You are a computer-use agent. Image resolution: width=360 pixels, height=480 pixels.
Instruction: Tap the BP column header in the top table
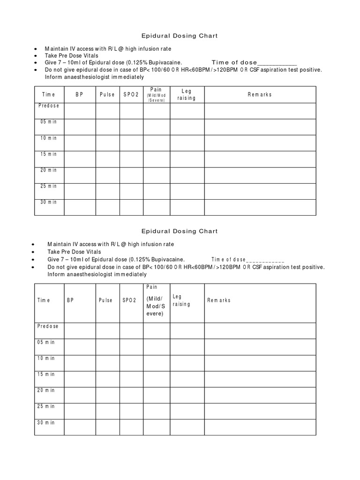79,95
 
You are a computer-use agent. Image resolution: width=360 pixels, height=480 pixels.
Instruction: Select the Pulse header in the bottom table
105,300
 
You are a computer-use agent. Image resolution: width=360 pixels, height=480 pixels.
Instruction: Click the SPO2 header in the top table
131,95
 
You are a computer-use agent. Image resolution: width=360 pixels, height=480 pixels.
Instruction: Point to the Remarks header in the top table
260,95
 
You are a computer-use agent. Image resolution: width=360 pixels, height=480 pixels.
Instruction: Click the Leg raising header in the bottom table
181,300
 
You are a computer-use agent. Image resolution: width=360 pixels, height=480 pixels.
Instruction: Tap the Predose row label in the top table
49,106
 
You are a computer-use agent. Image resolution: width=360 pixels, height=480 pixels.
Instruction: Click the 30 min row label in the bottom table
46,422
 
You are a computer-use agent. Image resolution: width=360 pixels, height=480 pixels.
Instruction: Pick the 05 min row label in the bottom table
46,342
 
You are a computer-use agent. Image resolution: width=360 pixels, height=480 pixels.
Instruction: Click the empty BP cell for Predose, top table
80,111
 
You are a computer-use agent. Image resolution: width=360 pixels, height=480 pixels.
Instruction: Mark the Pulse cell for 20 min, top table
108,175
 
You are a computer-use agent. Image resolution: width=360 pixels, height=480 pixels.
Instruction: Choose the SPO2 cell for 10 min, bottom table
131,363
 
